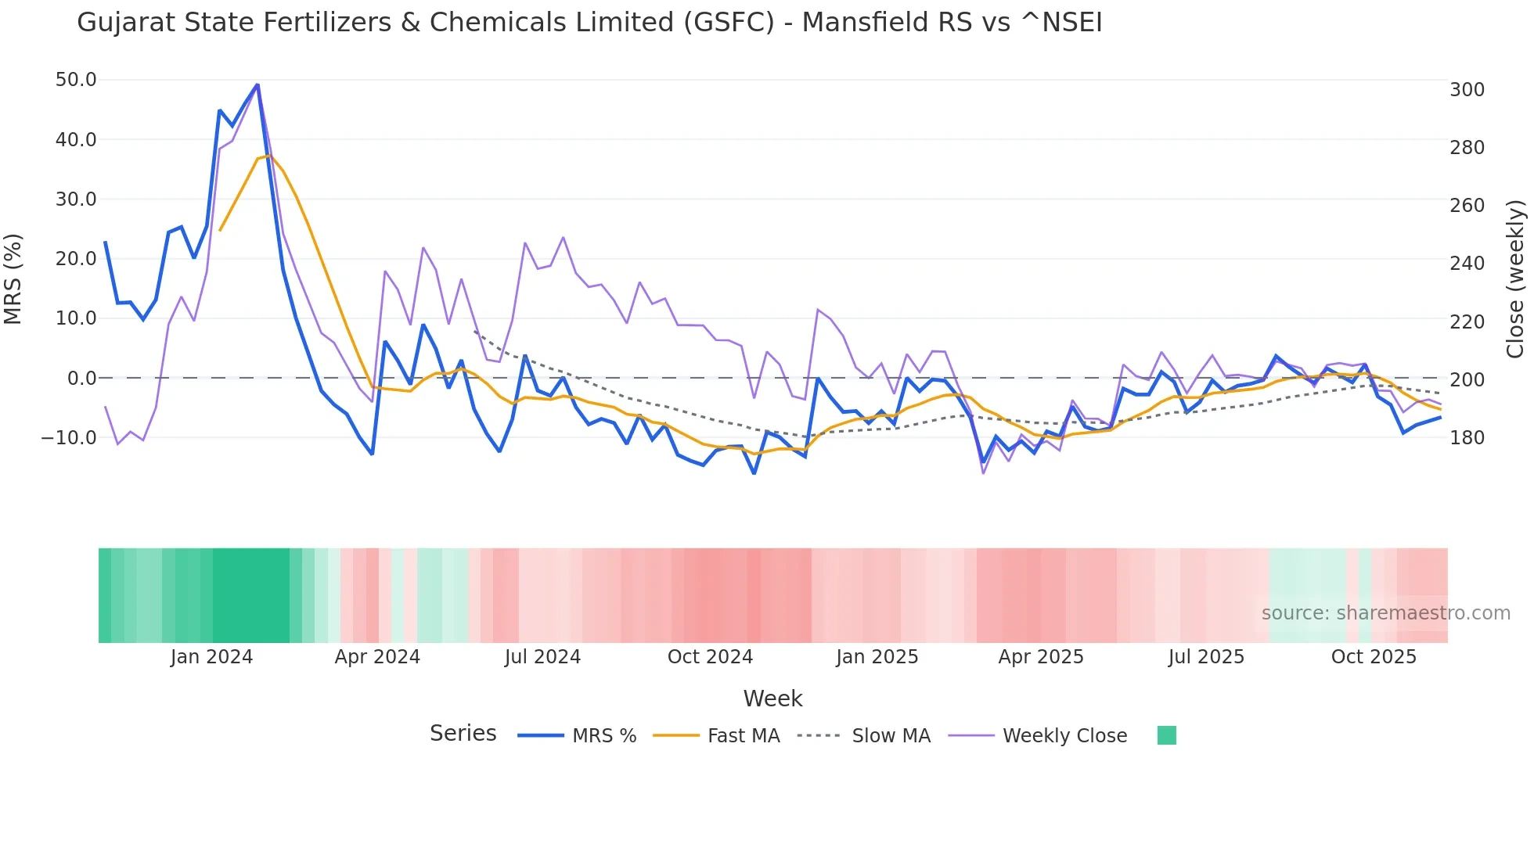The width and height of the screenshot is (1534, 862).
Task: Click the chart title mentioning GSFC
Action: point(589,23)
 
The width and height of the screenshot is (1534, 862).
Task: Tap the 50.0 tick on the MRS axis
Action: point(76,80)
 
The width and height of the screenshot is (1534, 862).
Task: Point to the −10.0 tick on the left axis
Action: point(69,438)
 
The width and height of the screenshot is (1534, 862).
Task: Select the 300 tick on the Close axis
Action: point(1467,90)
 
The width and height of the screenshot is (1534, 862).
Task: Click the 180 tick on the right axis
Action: point(1467,438)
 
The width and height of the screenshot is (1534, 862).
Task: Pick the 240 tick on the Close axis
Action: point(1467,264)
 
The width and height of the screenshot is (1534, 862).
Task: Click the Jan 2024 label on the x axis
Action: point(211,657)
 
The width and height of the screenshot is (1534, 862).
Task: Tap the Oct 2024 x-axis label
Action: point(710,657)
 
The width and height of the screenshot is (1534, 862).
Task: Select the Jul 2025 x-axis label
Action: point(1206,657)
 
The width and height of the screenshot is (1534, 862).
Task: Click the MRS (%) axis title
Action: point(13,279)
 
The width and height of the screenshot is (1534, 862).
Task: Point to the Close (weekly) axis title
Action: point(1516,279)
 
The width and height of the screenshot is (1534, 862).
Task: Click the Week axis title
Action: point(772,699)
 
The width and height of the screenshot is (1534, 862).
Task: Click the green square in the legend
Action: point(1166,735)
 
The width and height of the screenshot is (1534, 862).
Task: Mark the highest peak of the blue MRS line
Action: point(257,84)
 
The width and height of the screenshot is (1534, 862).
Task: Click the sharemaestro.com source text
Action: point(1385,613)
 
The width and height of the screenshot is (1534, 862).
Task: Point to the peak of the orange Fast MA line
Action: point(268,156)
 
